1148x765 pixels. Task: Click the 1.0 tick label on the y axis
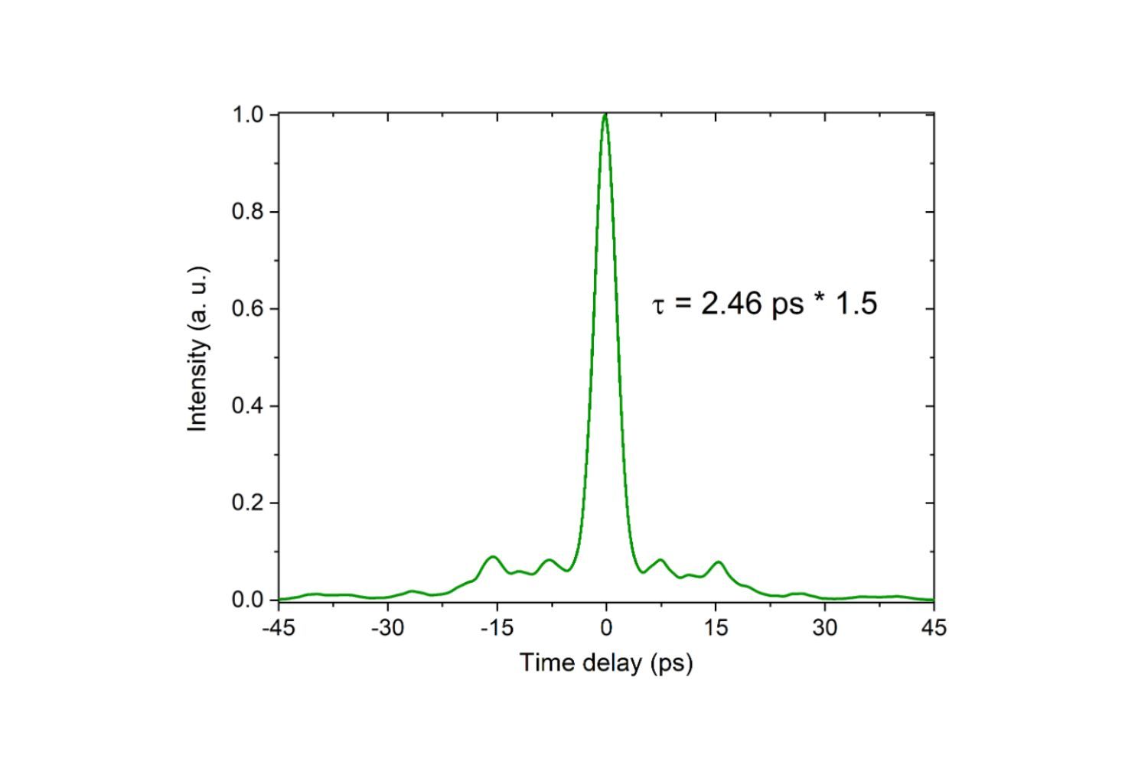click(x=247, y=115)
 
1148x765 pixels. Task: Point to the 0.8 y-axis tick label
click(x=247, y=212)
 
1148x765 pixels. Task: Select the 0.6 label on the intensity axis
click(x=247, y=309)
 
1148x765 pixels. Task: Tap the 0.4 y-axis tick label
click(x=247, y=406)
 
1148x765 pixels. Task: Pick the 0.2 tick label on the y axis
click(x=247, y=503)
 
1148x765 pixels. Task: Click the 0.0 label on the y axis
click(x=247, y=601)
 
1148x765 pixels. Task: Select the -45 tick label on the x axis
click(x=279, y=628)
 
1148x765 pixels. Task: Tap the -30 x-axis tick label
click(x=387, y=628)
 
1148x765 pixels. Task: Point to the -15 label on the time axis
click(x=496, y=628)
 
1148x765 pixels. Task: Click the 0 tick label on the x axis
click(x=606, y=628)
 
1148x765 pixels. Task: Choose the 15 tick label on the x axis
click(x=716, y=628)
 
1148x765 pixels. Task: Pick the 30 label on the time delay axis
click(x=824, y=628)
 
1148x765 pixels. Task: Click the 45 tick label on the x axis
click(x=934, y=628)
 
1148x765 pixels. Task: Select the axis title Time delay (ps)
click(x=606, y=662)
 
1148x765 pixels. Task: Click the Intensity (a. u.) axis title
click(x=198, y=349)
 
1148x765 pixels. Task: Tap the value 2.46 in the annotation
click(x=732, y=304)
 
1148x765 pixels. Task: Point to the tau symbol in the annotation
click(x=658, y=307)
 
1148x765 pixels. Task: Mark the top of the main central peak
click(x=605, y=116)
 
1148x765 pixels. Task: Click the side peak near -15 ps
click(x=493, y=557)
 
